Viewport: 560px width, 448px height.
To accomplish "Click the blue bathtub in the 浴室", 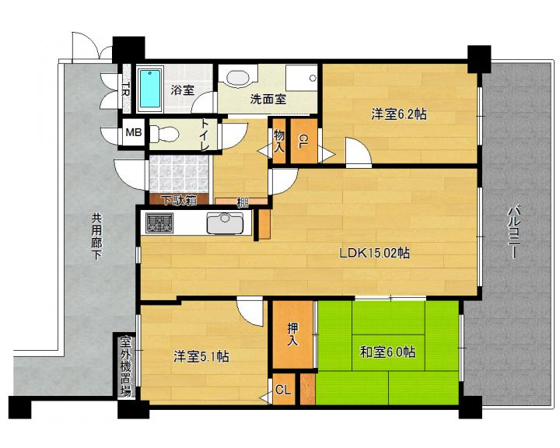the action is point(150,88).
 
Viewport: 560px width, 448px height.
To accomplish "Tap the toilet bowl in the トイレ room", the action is point(164,134).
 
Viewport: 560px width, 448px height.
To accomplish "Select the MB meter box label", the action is point(134,132).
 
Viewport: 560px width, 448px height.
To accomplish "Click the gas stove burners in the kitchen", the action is point(159,222).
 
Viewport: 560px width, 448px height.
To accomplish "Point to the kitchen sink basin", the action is point(225,222).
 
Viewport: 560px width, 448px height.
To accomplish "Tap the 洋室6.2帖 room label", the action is point(399,114).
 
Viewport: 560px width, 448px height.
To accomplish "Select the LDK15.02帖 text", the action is point(374,253).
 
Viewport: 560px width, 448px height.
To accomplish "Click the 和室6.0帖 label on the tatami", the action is point(388,352).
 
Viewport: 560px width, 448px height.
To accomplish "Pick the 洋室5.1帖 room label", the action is point(201,356).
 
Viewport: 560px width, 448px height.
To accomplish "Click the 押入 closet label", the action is point(293,334).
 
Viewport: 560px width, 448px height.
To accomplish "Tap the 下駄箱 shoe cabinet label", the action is point(180,201).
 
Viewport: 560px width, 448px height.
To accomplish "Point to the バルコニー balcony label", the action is point(513,232).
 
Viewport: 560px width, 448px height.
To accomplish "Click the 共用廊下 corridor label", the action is point(96,236).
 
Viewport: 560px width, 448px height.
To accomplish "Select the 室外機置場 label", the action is point(125,366).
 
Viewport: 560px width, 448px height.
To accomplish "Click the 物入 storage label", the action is point(279,141).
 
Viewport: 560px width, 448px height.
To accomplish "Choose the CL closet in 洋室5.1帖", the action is point(283,390).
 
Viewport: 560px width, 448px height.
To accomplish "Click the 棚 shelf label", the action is point(243,203).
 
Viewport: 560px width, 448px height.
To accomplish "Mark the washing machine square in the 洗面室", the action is point(302,78).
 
